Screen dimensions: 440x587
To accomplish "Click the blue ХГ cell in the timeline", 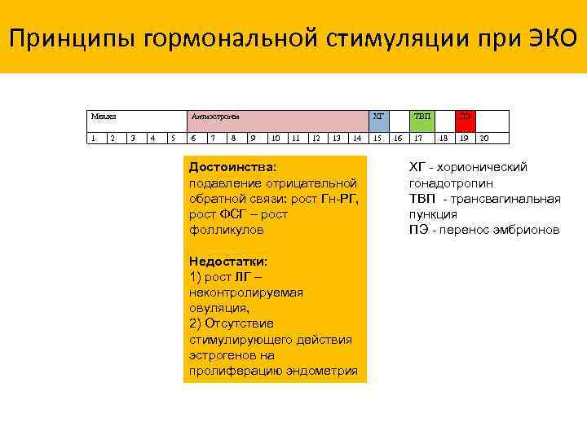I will tap(379, 117).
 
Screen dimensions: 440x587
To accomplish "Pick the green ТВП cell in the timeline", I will tap(422, 117).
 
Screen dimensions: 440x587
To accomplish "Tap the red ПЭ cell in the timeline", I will tap(465, 117).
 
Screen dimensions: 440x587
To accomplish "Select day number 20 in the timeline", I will tap(484, 138).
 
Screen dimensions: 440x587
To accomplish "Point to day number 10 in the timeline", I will tap(276, 138).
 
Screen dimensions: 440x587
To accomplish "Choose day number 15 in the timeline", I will tap(377, 138).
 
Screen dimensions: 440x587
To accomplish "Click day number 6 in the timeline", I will tap(192, 138).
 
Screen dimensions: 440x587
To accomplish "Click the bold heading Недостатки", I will tap(228, 262).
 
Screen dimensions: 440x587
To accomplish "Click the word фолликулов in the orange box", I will tap(223, 230).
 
